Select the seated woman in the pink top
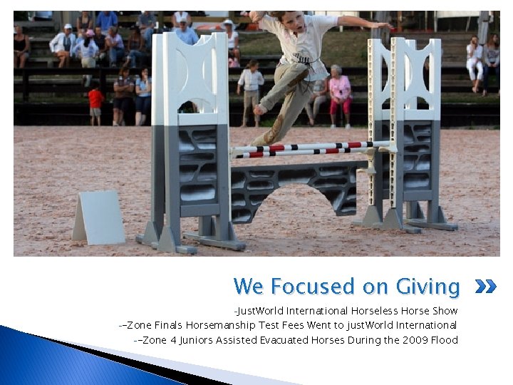point(339,93)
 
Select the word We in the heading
point(248,287)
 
